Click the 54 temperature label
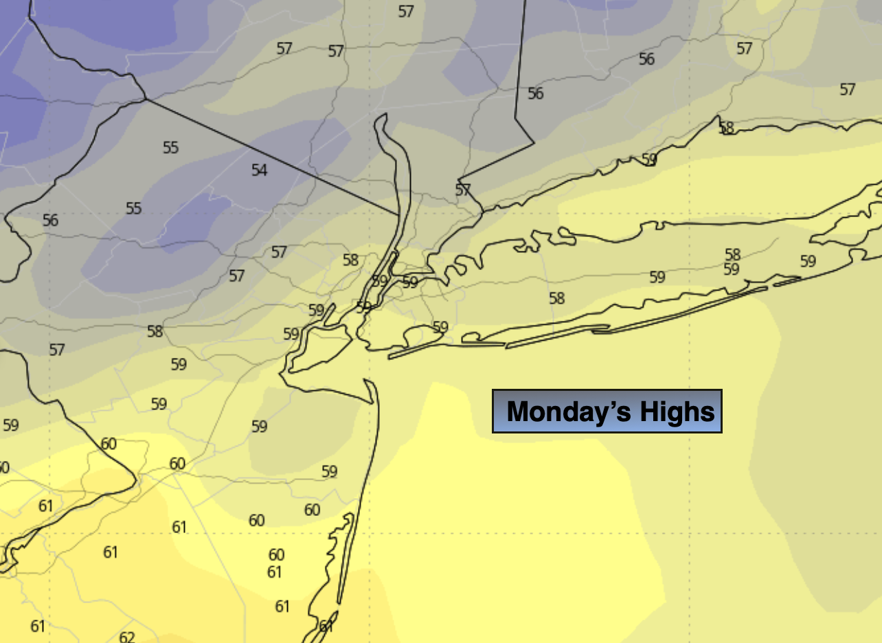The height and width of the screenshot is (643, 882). pos(259,170)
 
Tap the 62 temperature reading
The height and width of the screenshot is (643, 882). pos(127,637)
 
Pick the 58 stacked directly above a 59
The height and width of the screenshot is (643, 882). pos(733,255)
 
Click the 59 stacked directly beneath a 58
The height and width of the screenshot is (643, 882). pos(732,269)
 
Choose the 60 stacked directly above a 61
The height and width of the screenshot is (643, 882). pos(276,554)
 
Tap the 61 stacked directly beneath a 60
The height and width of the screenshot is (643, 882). pos(275,572)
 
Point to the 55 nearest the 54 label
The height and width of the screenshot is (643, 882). pos(171,147)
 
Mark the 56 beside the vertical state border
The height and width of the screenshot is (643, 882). pos(535,93)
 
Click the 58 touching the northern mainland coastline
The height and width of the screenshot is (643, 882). pos(726,127)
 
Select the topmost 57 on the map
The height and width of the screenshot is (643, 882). pos(406,12)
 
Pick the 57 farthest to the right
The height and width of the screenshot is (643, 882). pos(848,89)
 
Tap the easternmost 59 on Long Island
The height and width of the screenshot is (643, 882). pos(808,261)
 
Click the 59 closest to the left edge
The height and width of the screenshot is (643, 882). pos(11,425)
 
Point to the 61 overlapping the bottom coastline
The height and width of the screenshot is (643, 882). pos(326,626)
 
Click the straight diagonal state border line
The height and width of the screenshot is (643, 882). pos(275,158)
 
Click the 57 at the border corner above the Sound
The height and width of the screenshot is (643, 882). pos(463,190)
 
